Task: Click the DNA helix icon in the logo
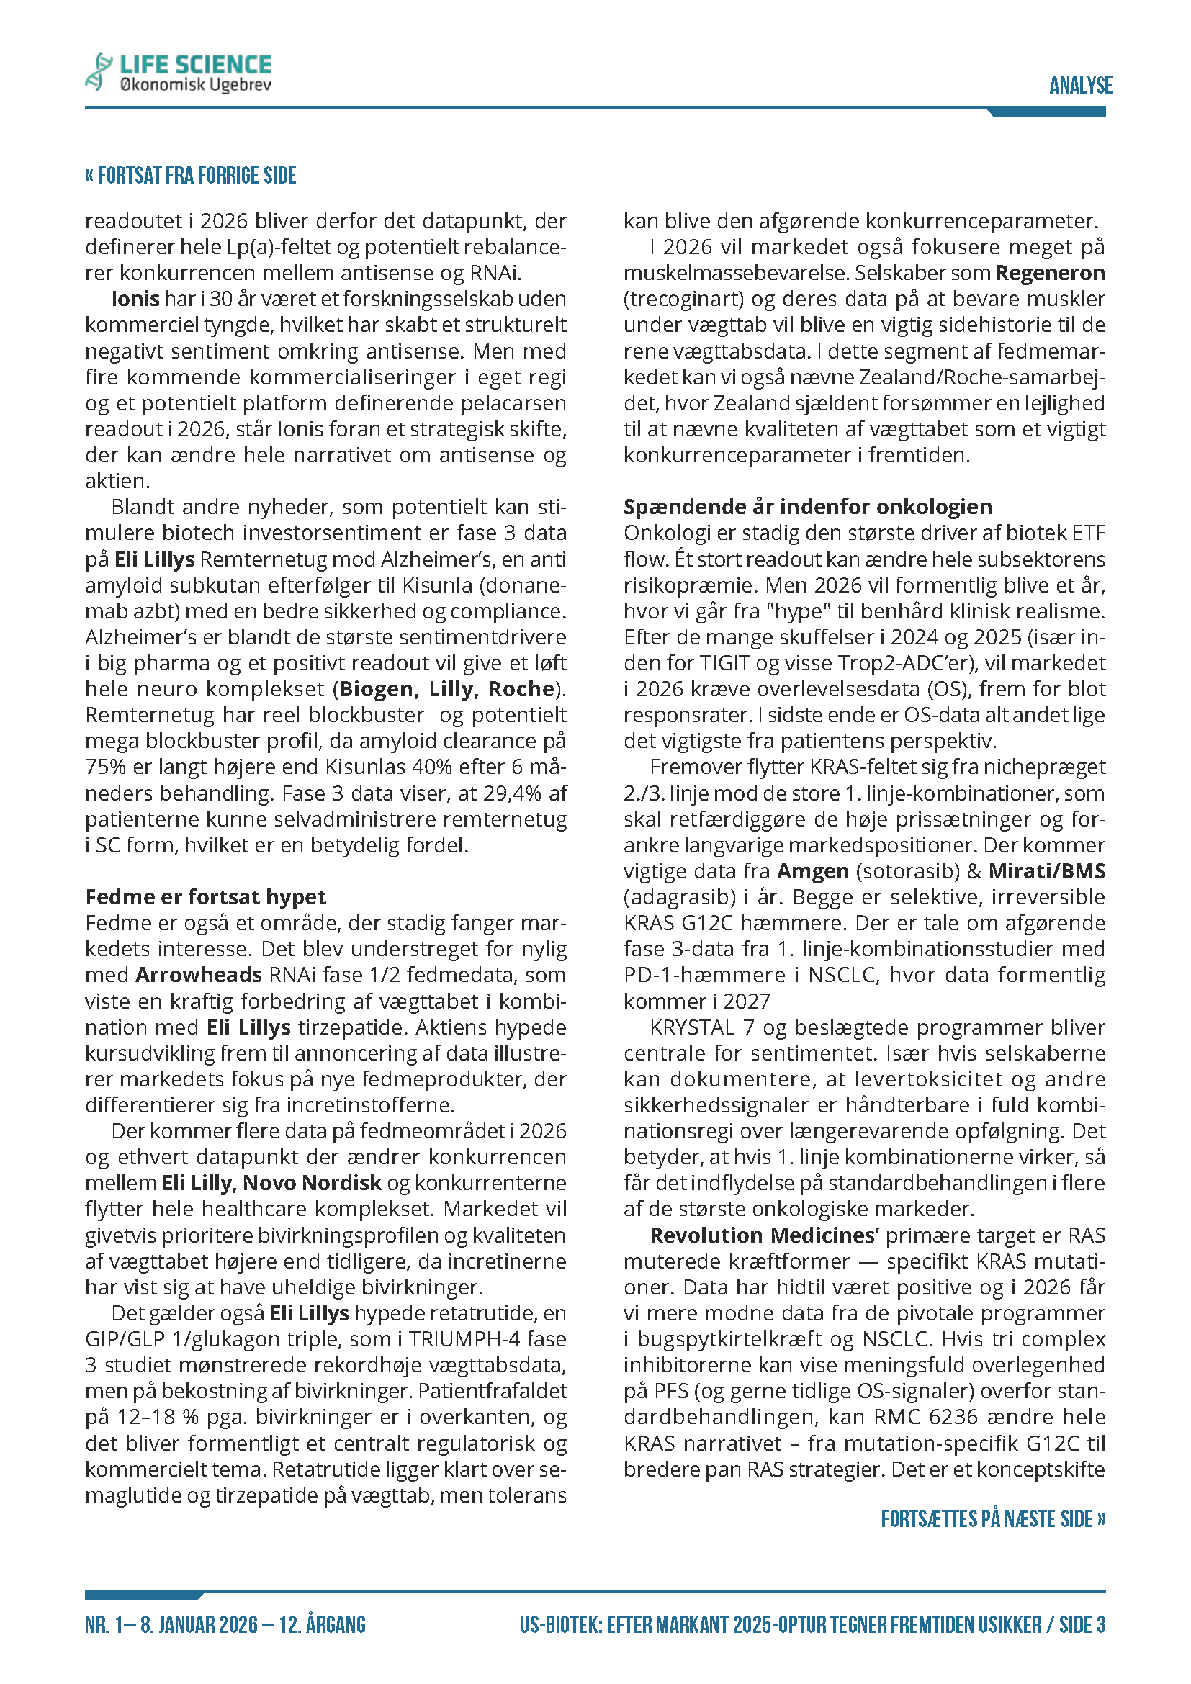98,71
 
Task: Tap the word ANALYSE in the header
1080,86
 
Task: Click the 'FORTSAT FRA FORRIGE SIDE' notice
192,176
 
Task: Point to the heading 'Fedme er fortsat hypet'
205,897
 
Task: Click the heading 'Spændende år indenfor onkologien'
807,507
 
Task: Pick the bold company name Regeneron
1050,273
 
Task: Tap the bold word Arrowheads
199,975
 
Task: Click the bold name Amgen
812,870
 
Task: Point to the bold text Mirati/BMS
1046,870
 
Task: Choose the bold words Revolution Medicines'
764,1235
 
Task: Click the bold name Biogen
376,689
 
